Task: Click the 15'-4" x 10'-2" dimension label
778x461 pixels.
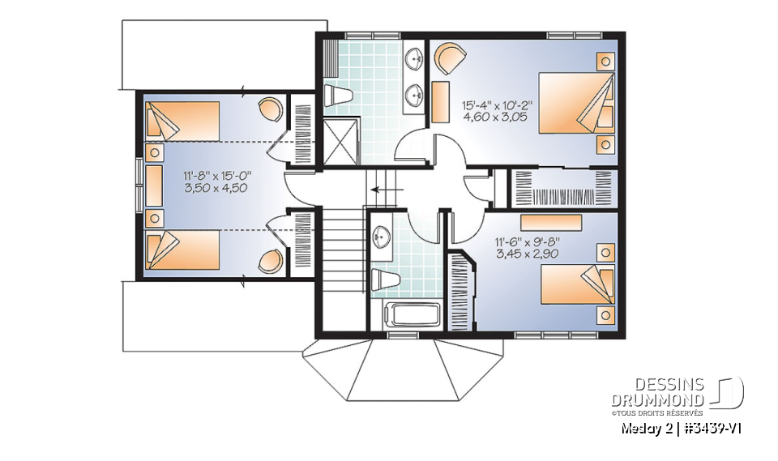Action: pos(498,105)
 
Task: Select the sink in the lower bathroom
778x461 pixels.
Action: pos(383,236)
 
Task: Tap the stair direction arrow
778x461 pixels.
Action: pos(381,191)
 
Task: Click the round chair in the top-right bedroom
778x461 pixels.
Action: pos(451,59)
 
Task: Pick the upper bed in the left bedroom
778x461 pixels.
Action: pos(182,121)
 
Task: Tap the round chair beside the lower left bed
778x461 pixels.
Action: pos(272,260)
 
